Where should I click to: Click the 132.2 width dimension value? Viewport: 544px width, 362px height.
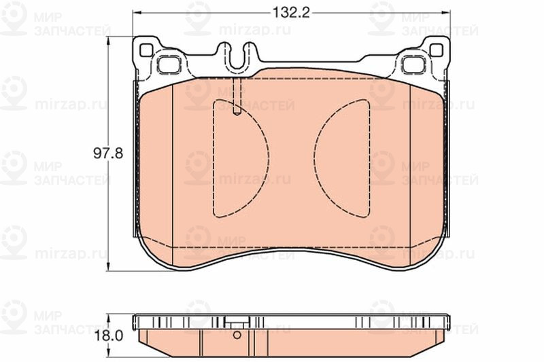click(x=291, y=13)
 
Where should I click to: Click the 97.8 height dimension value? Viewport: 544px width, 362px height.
click(x=108, y=153)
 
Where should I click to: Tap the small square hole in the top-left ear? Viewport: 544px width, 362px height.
click(x=146, y=50)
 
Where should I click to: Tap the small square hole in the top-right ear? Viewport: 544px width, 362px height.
click(x=437, y=50)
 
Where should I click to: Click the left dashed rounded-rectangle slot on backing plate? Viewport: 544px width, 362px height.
click(x=169, y=64)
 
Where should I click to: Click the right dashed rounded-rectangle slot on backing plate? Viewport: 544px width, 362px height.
click(x=413, y=64)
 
